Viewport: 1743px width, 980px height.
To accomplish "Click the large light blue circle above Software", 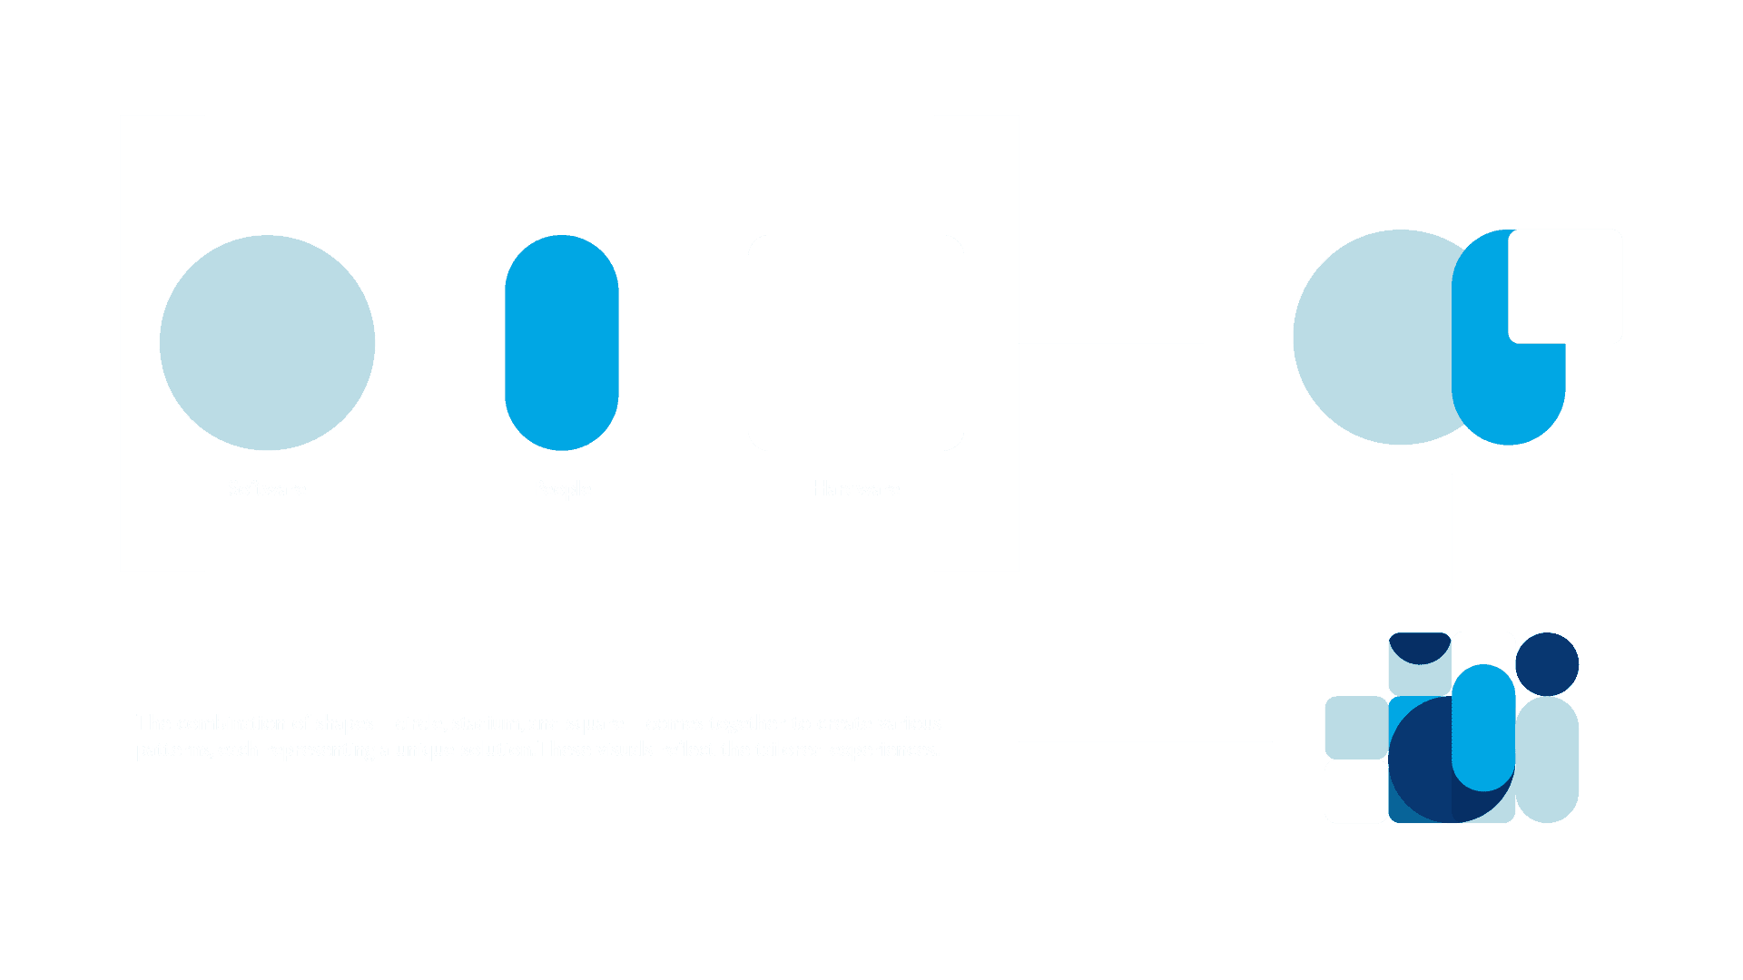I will point(267,343).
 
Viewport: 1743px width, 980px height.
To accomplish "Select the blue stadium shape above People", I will point(561,343).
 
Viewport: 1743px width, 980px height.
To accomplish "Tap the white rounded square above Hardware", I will point(855,343).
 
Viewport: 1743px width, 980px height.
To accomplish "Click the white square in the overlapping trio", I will point(1565,286).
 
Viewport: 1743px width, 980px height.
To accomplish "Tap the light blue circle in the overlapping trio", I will point(1371,338).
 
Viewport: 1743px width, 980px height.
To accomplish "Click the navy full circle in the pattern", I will point(1547,664).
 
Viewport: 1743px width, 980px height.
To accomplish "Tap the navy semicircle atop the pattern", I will point(1420,646).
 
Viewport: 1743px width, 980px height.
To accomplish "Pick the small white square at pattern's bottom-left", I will point(1356,791).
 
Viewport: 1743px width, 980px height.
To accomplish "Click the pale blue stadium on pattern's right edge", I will point(1548,760).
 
